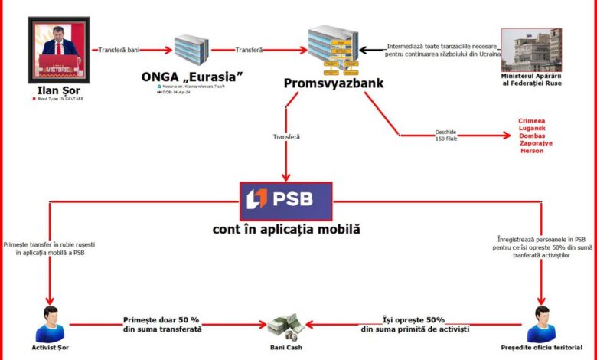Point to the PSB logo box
(x=285, y=200)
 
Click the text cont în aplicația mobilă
(x=285, y=229)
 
